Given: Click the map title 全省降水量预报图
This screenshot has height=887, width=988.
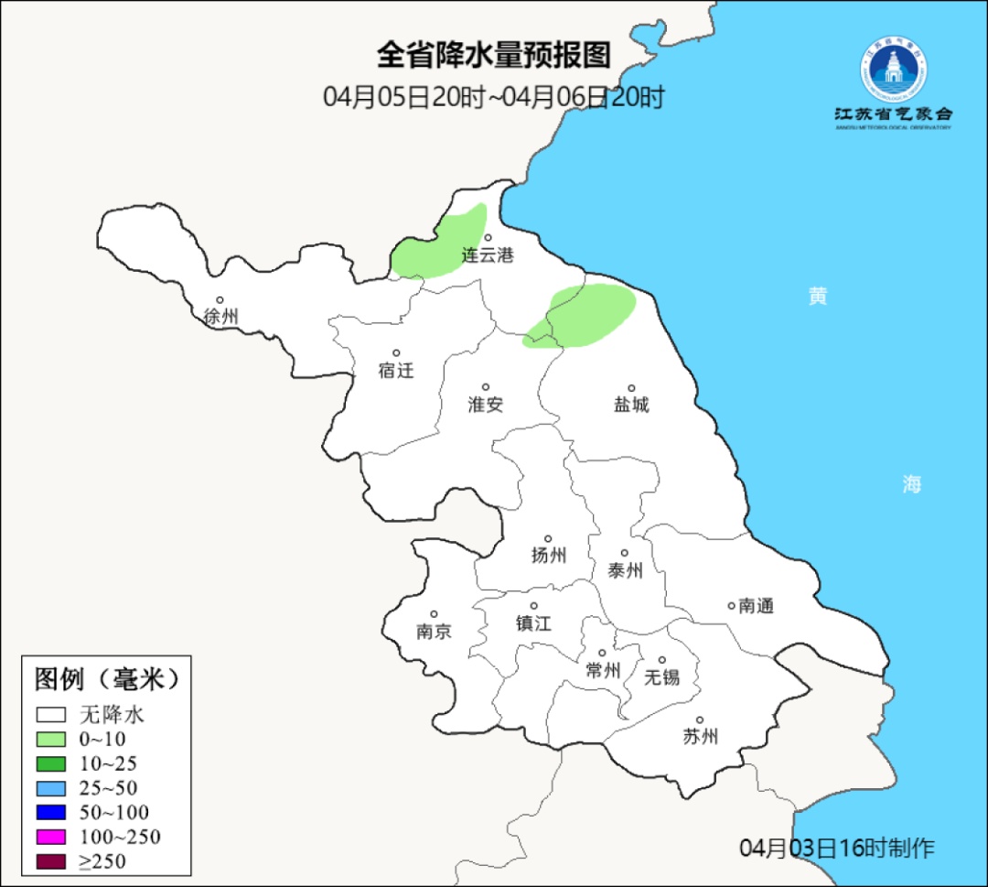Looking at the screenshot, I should (x=493, y=56).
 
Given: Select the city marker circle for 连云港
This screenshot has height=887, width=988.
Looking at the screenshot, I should (x=489, y=238).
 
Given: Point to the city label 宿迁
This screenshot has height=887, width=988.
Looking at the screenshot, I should (x=396, y=371).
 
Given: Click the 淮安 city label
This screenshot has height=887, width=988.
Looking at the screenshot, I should (x=486, y=405).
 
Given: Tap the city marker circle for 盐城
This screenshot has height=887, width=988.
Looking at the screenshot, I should (x=631, y=388).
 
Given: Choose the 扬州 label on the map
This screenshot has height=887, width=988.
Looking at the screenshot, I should (x=549, y=555).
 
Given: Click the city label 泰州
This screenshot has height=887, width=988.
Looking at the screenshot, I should (x=625, y=570).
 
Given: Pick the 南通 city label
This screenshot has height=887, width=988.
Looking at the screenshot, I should (x=757, y=605).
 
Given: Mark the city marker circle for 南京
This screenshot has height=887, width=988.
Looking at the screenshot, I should (x=434, y=615).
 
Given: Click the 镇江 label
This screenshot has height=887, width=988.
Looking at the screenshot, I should (x=533, y=622).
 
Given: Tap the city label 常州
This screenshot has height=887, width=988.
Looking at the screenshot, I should (x=603, y=671).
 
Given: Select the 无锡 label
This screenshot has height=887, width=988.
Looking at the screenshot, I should (x=662, y=677).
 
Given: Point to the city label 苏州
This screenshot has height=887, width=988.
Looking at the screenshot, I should (x=700, y=737).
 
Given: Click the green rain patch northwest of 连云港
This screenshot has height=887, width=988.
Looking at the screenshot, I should (x=440, y=243).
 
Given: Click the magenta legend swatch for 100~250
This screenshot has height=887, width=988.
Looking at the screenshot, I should (x=51, y=837).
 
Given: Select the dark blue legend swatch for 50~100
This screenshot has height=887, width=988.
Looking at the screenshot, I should (x=51, y=812).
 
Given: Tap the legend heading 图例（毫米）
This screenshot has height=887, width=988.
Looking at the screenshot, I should (x=106, y=680).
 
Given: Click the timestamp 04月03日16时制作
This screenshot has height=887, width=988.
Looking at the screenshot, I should (x=837, y=848).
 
